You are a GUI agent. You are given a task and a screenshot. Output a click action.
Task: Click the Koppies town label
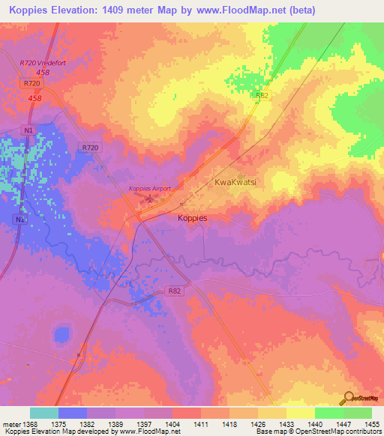[192, 218]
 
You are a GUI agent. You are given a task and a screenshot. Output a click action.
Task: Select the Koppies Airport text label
[150, 189]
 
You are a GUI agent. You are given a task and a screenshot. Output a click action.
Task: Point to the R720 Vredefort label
[43, 63]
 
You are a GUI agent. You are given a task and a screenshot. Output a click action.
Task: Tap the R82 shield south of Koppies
[175, 290]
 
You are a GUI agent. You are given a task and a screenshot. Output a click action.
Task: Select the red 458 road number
[34, 98]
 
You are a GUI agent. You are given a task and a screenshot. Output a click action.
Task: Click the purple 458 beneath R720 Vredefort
[43, 73]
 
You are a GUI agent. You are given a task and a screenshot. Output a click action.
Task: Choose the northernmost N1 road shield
[28, 130]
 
